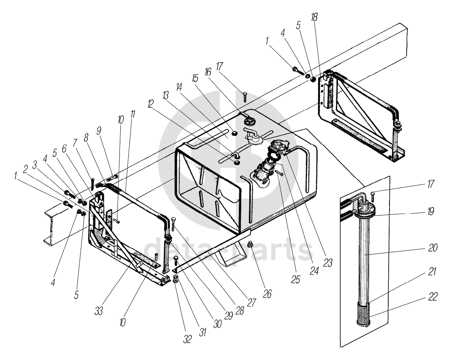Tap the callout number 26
tap(267, 294)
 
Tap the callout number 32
tap(187, 339)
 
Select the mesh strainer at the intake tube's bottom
tap(362, 310)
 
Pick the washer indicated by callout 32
tap(176, 278)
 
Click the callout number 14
tap(178, 87)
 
